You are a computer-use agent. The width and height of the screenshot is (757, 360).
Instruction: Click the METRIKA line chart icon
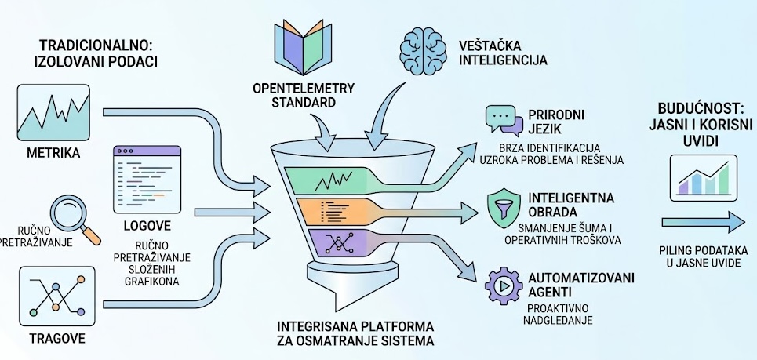tap(53, 111)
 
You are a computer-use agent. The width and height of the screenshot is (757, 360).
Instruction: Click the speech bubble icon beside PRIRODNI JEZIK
tap(502, 120)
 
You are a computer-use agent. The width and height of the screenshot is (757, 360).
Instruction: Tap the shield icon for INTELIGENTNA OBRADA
tap(501, 205)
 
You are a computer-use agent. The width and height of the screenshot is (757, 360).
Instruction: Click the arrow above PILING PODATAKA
tap(701, 224)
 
